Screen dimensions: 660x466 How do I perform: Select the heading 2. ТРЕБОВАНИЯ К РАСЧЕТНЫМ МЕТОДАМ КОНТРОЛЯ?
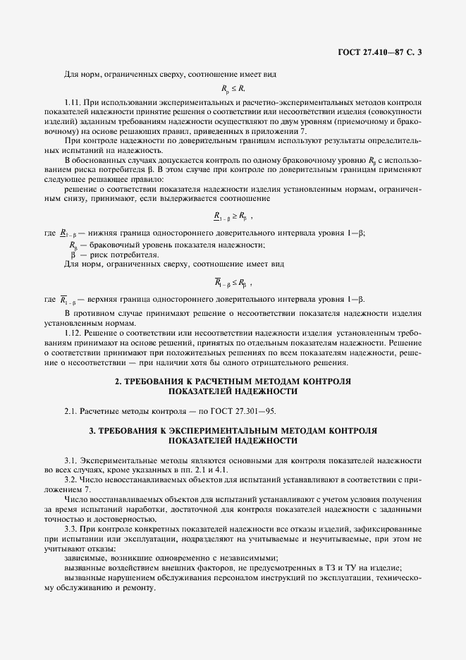coord(233,381)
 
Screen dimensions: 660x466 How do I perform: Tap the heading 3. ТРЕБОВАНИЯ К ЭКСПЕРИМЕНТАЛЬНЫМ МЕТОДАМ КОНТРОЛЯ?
coord(233,430)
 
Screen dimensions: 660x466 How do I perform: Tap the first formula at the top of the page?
coord(233,89)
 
